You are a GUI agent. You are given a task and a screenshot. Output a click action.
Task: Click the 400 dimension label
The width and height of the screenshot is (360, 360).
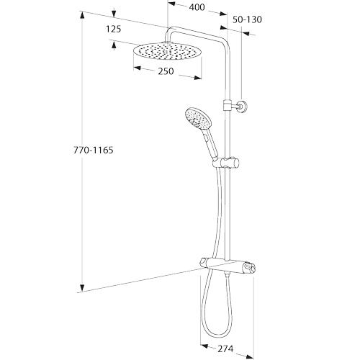tap(197, 7)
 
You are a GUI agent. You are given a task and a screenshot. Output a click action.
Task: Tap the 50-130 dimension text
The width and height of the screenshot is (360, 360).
tap(247, 19)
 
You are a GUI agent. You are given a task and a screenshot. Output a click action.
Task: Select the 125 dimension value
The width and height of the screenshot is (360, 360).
tap(114, 29)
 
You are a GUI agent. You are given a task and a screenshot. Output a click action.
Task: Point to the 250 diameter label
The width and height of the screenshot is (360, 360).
tap(166, 71)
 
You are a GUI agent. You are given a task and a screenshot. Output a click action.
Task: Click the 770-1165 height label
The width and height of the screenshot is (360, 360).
tap(93, 150)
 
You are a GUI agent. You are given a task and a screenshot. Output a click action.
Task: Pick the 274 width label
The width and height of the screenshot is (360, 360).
tap(225, 348)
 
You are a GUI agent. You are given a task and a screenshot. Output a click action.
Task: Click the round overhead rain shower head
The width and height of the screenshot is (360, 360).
tap(168, 51)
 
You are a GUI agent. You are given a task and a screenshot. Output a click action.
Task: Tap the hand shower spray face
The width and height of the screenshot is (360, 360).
tap(197, 120)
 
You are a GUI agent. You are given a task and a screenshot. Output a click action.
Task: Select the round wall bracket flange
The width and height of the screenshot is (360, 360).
tap(243, 107)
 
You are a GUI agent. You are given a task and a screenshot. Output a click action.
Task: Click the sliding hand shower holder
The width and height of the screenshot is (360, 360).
tap(226, 163)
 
